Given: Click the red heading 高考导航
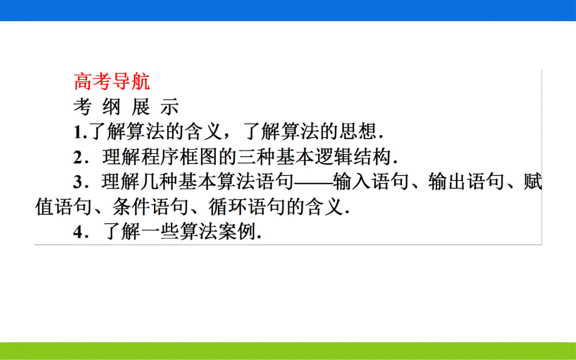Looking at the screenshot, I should pos(111,82).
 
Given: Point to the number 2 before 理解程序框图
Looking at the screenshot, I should pos(78,157).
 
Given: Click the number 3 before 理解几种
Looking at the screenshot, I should pos(78,182).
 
